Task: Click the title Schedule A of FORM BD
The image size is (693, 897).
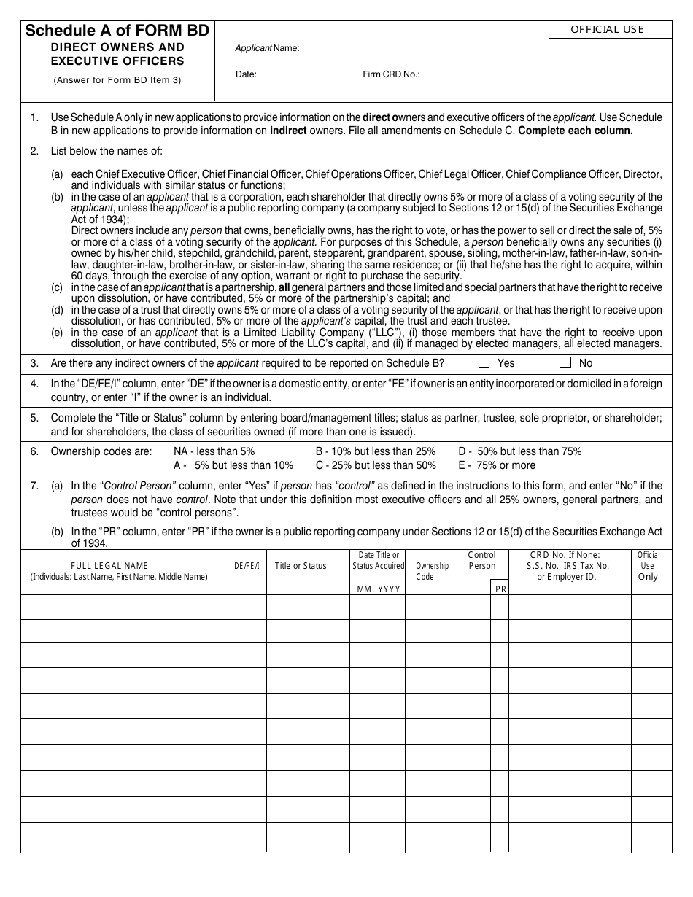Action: [x=117, y=31]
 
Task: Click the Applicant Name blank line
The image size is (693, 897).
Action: [x=399, y=49]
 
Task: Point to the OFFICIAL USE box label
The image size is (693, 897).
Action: [x=607, y=30]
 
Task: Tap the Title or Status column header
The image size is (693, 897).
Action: [x=301, y=566]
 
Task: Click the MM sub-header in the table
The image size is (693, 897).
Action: [x=364, y=589]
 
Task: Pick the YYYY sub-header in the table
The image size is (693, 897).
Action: [x=389, y=589]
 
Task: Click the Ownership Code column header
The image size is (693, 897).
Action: [x=432, y=571]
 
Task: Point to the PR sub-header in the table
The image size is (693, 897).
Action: [x=500, y=589]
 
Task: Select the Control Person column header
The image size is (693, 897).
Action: [x=481, y=560]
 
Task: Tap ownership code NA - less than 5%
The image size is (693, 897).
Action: [x=214, y=451]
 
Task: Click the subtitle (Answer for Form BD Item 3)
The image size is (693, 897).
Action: [x=117, y=80]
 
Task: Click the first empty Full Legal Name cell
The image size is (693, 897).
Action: [x=126, y=607]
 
